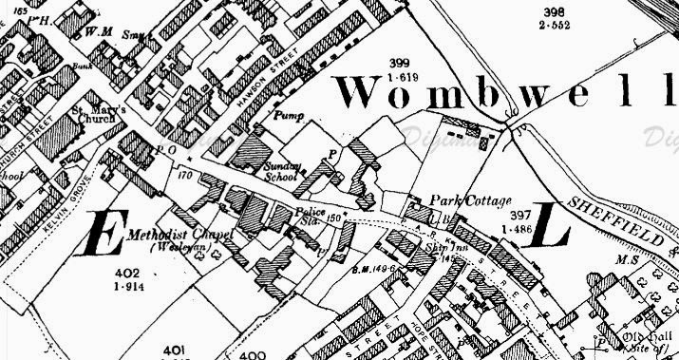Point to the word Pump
coord(288,114)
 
